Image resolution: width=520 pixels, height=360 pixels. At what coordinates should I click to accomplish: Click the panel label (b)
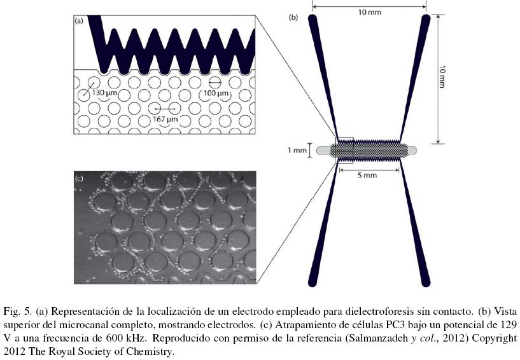[x=293, y=17]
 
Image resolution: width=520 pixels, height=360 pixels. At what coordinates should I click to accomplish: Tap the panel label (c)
[x=80, y=179]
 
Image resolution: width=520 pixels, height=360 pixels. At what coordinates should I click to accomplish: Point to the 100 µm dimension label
[x=216, y=93]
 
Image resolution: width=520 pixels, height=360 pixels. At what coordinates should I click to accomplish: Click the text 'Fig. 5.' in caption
[x=17, y=312]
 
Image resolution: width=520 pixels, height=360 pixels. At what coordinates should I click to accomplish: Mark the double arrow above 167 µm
[x=164, y=109]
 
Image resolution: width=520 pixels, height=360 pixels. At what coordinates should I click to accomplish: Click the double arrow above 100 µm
[x=216, y=83]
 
